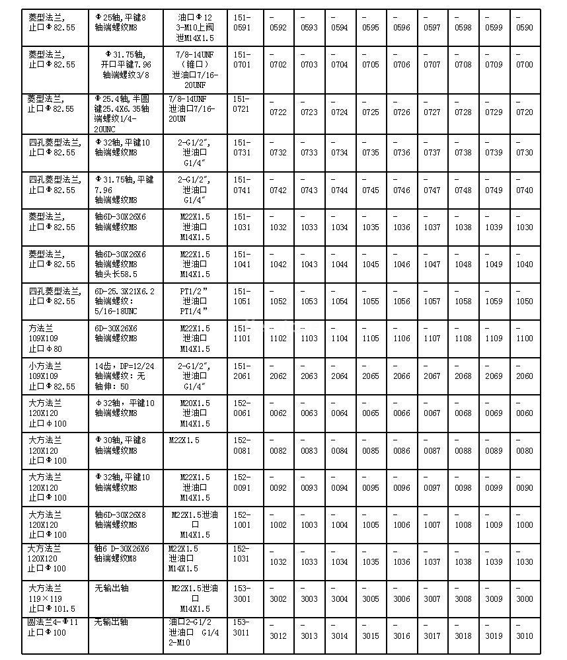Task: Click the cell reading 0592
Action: (x=278, y=28)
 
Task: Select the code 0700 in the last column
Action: (x=524, y=65)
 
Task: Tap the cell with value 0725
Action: (x=371, y=112)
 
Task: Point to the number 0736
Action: (x=402, y=153)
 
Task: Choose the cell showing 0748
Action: (x=463, y=190)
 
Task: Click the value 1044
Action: (x=340, y=265)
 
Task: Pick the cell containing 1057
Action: (x=432, y=302)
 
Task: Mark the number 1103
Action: (x=309, y=339)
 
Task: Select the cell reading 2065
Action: (x=371, y=376)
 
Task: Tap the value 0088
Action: (x=463, y=451)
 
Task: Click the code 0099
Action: (x=494, y=488)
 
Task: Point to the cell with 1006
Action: (x=402, y=525)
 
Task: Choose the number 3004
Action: (x=340, y=599)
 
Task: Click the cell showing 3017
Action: (x=432, y=636)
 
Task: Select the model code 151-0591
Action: (x=243, y=22)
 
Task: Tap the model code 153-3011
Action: (x=243, y=627)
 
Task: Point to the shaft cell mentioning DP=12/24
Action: (x=125, y=376)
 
